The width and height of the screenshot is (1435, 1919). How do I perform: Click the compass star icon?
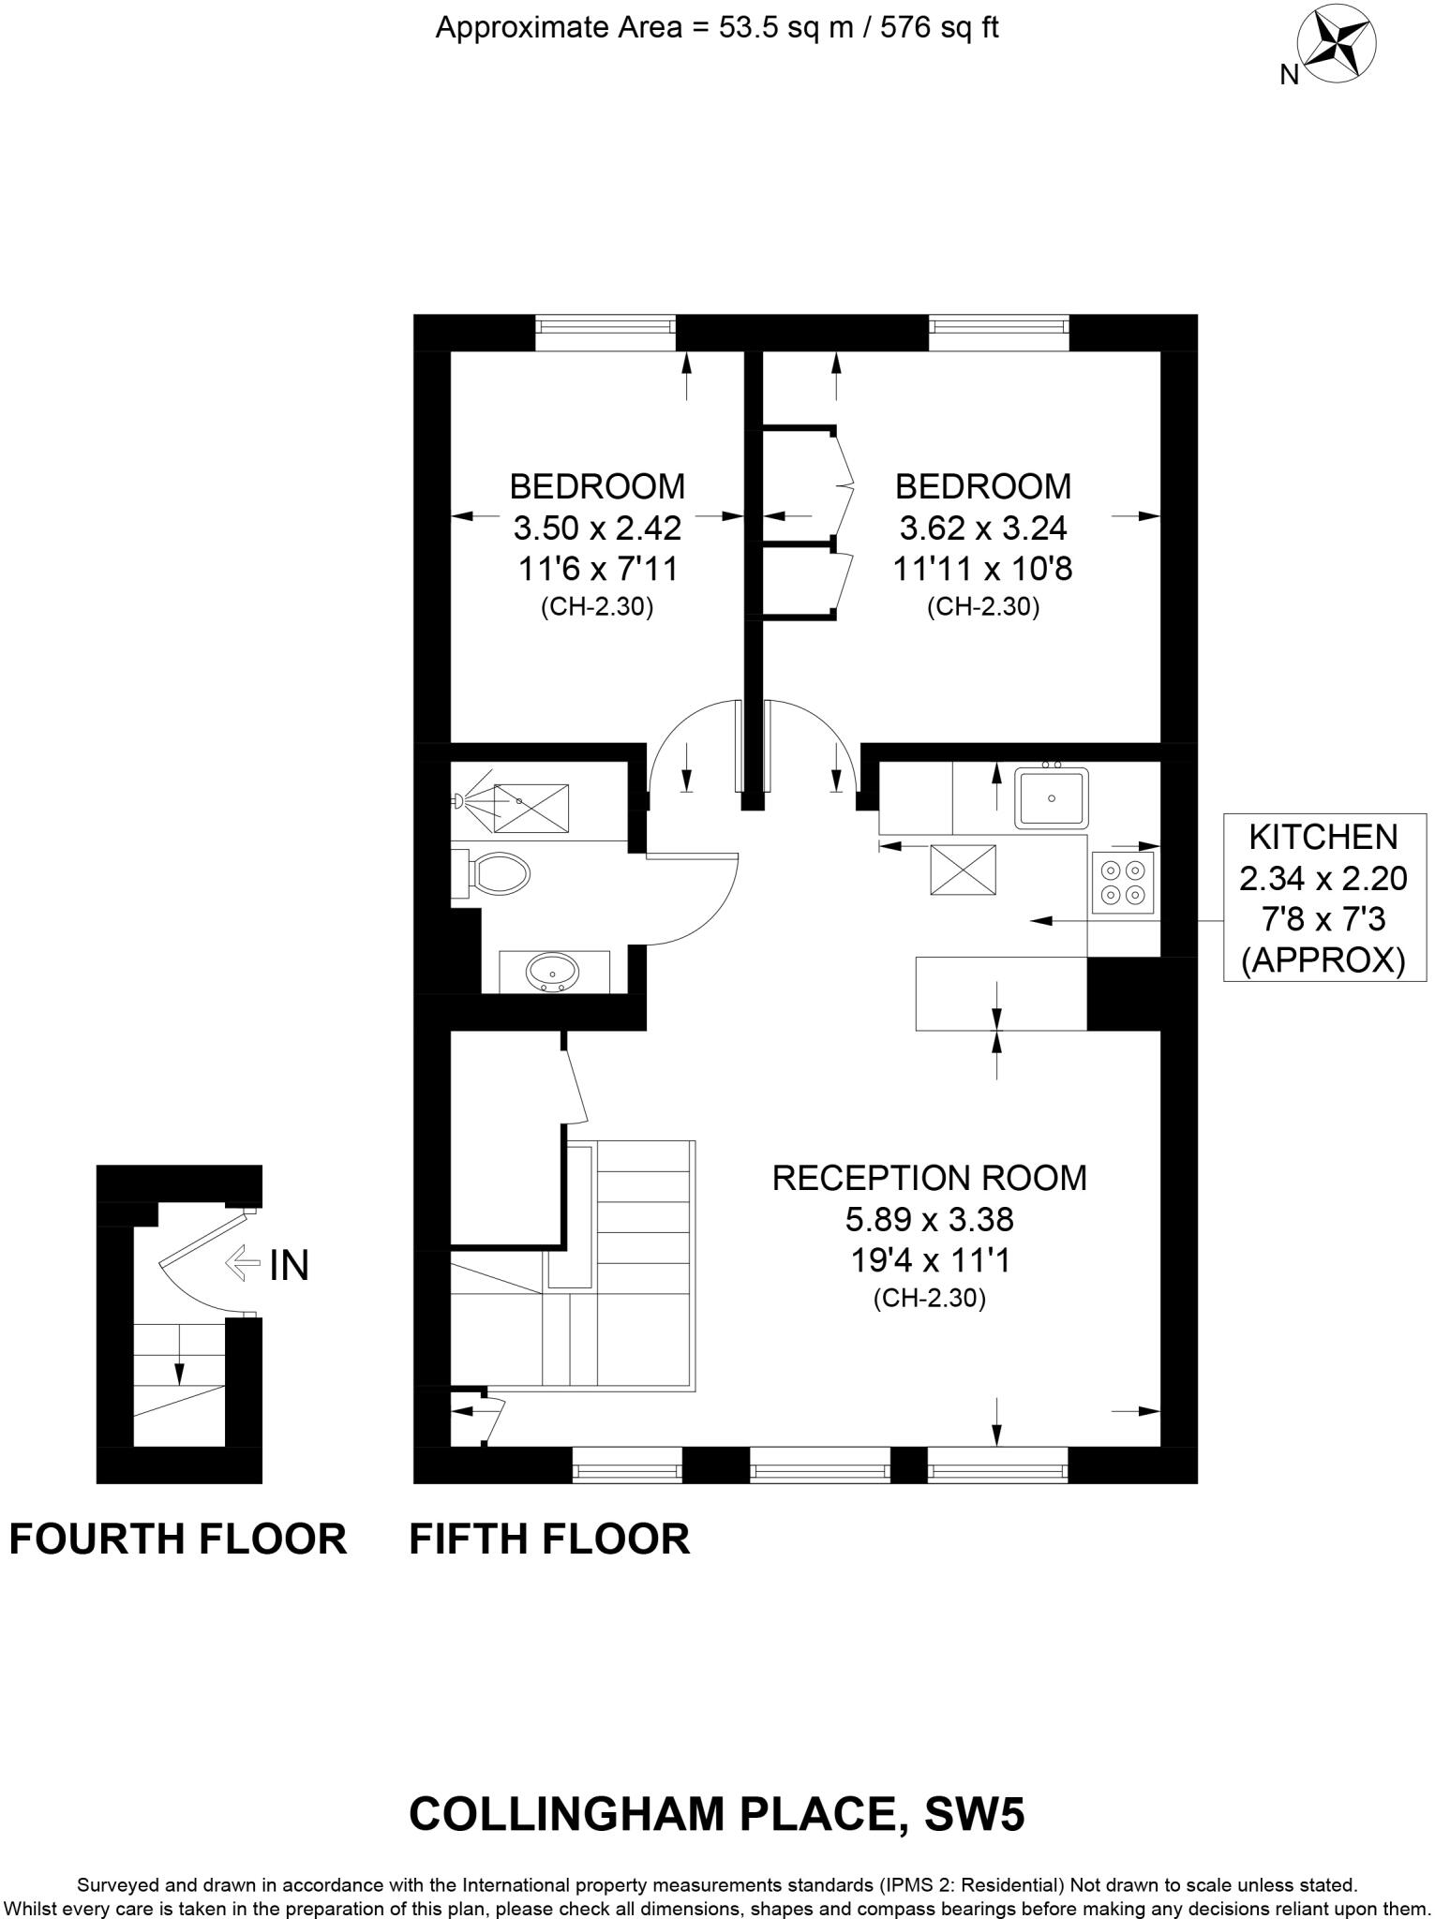[1336, 45]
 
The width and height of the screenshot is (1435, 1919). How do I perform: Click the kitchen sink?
[1052, 798]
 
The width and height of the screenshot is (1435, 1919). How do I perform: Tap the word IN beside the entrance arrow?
[289, 1267]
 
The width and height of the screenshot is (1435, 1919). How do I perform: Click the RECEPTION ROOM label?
[929, 1178]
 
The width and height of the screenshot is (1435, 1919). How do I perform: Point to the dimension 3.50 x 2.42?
[596, 528]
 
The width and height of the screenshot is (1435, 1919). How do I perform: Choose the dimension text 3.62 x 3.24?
[982, 528]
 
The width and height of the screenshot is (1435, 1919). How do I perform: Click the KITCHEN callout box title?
[1323, 836]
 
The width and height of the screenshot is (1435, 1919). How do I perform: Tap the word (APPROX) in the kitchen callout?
[1323, 961]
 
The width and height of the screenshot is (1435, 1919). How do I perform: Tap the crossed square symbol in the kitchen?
[962, 869]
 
